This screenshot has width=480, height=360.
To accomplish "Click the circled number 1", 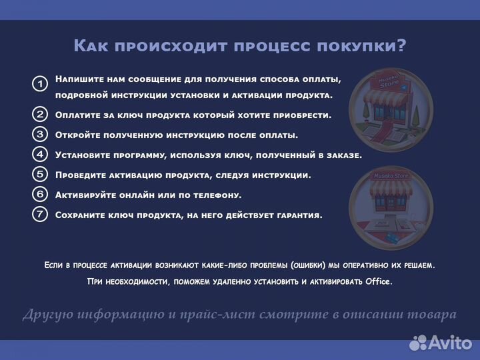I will click(40, 84).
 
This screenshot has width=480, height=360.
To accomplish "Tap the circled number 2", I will click(40, 114).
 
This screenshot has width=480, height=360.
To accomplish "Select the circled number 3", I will click(40, 134).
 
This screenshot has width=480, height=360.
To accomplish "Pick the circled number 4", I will click(40, 154).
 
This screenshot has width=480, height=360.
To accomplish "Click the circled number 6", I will click(40, 195).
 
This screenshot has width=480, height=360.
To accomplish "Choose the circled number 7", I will click(40, 215).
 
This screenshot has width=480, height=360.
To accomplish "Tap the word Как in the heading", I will click(92, 45).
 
